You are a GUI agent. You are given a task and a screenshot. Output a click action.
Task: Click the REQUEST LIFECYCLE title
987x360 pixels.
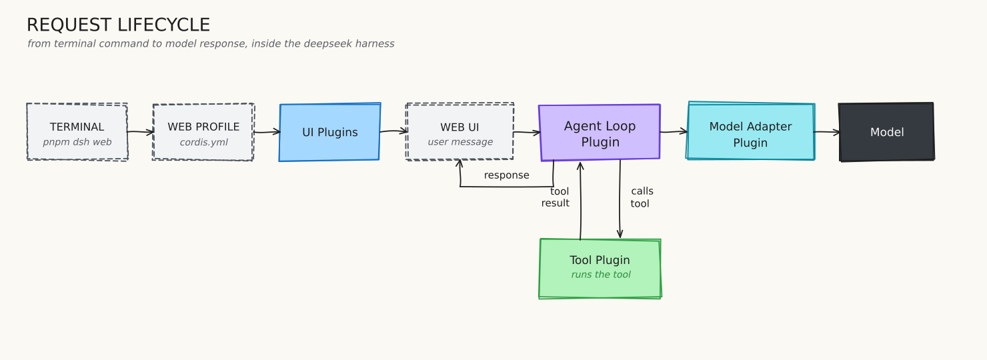pyautogui.click(x=118, y=25)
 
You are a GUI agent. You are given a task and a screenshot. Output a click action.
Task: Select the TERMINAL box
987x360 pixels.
pyautogui.click(x=77, y=132)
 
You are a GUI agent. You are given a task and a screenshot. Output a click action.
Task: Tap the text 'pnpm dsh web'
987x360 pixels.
pyautogui.click(x=77, y=142)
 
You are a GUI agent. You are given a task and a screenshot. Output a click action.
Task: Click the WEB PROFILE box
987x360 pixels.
pyautogui.click(x=203, y=132)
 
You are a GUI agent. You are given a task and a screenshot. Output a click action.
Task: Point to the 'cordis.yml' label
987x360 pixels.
pyautogui.click(x=203, y=142)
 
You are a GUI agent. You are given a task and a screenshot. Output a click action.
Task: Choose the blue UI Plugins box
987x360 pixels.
pyautogui.click(x=329, y=132)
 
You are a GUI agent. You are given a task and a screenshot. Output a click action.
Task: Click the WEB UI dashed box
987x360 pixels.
pyautogui.click(x=459, y=132)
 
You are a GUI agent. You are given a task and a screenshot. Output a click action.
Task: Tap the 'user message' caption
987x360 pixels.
pyautogui.click(x=460, y=142)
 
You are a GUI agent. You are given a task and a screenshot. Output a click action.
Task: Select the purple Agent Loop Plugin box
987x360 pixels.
pyautogui.click(x=600, y=133)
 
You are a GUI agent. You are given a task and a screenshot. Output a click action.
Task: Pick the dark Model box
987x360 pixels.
pyautogui.click(x=886, y=132)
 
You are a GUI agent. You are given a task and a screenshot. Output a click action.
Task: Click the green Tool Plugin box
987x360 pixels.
pyautogui.click(x=600, y=269)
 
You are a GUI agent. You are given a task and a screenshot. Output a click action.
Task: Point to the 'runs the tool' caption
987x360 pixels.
pyautogui.click(x=601, y=275)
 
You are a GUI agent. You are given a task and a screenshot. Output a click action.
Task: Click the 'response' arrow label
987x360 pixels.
pyautogui.click(x=506, y=175)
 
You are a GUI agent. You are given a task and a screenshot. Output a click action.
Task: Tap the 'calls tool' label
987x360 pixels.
pyautogui.click(x=642, y=197)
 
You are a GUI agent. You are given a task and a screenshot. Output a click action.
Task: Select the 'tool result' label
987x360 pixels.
pyautogui.click(x=555, y=197)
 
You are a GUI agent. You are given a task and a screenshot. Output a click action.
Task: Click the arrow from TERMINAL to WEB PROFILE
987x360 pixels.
pyautogui.click(x=141, y=132)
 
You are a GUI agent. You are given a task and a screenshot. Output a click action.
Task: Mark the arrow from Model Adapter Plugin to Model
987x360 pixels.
pyautogui.click(x=827, y=132)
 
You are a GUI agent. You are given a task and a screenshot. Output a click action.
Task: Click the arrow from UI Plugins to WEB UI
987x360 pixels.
pyautogui.click(x=393, y=131)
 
